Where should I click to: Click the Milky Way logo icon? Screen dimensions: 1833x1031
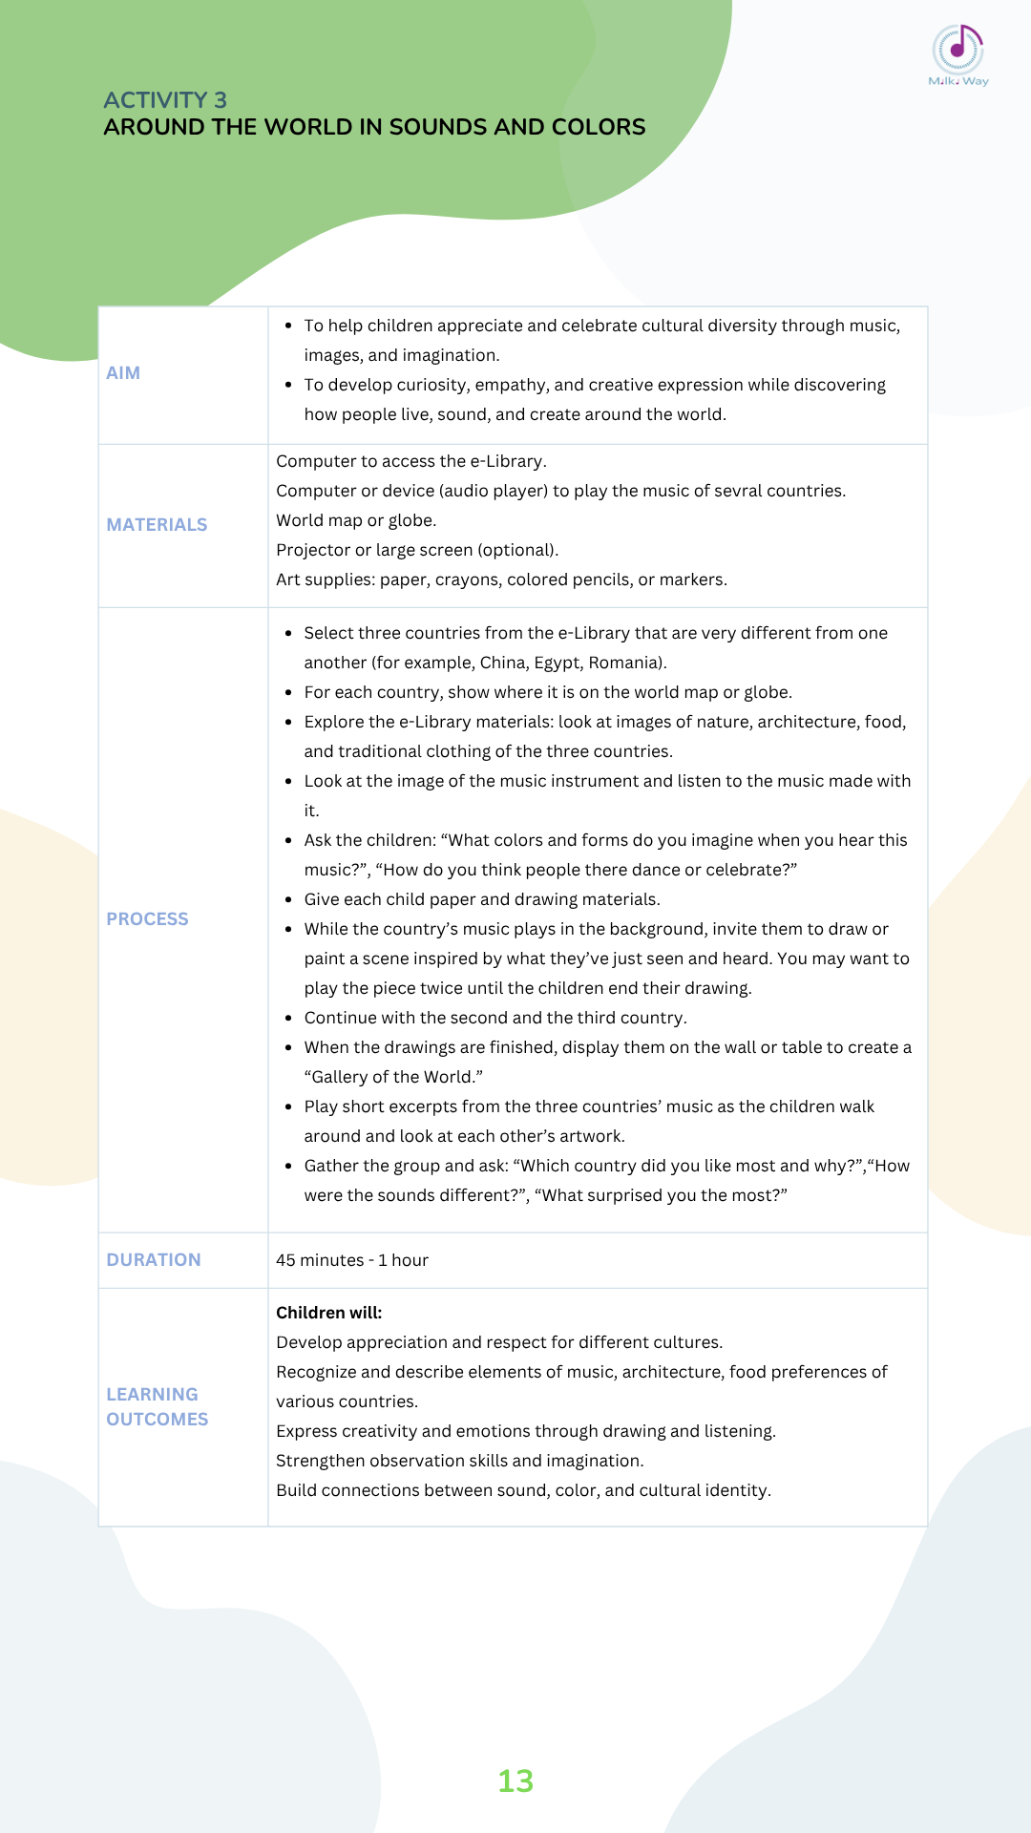[x=958, y=50]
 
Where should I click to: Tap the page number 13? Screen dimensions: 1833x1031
[x=515, y=1780]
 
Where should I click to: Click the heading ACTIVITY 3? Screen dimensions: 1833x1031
[x=165, y=100]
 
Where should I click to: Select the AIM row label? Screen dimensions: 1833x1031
[x=123, y=373]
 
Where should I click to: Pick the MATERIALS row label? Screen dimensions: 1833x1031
[x=157, y=525]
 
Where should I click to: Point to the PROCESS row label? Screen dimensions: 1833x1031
[x=147, y=919]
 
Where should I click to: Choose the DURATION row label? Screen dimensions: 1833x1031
[x=154, y=1260]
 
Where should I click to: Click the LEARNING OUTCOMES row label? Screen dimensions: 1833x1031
[x=157, y=1407]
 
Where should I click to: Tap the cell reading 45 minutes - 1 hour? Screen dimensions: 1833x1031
[x=352, y=1260]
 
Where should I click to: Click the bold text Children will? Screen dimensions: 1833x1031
[x=328, y=1313]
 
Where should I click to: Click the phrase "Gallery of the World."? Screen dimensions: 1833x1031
[x=393, y=1077]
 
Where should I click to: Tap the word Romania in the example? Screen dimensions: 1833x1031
[x=625, y=663]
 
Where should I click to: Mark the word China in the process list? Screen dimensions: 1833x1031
[x=501, y=663]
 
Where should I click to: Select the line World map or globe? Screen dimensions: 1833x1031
[x=356, y=520]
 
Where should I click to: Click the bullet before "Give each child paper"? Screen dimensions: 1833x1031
[x=288, y=899]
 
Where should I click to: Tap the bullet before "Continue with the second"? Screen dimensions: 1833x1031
[x=288, y=1018]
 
